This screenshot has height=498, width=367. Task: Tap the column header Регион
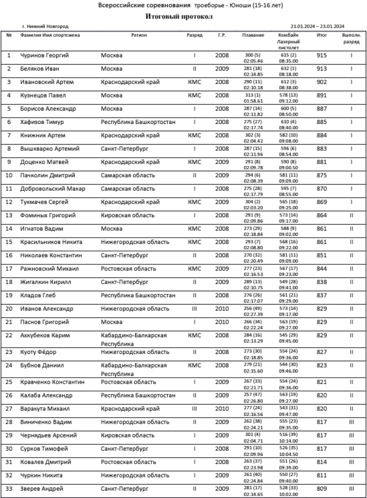[x=139, y=35]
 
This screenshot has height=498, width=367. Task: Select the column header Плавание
[x=253, y=35]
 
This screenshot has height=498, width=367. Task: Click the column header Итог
[x=321, y=35]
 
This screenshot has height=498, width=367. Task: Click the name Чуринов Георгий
[x=44, y=56]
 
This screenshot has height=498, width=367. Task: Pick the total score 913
[x=321, y=69]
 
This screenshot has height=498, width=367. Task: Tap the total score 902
[x=321, y=82]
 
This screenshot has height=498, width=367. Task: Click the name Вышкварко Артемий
[x=50, y=148]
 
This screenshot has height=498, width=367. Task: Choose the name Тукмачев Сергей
[x=45, y=202]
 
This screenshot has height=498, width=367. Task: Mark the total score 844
[x=321, y=268]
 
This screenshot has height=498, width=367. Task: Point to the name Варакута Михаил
[x=45, y=408]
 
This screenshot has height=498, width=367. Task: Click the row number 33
[x=9, y=488]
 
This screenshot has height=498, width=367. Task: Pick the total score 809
[x=321, y=488]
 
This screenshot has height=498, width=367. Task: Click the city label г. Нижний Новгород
[x=46, y=26]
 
